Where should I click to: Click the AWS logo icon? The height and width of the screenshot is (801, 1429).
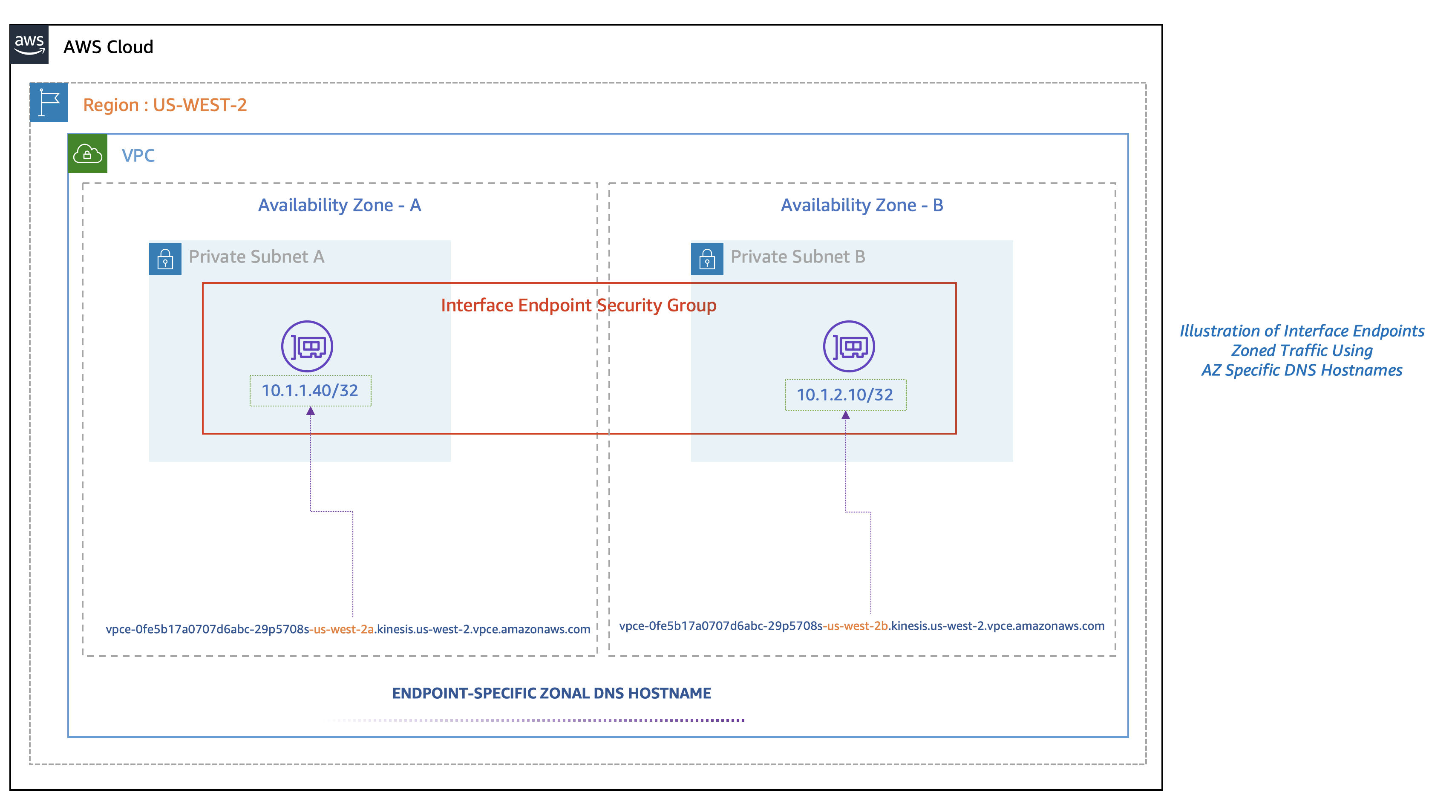click(x=29, y=44)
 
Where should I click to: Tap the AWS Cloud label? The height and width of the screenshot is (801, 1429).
click(x=108, y=47)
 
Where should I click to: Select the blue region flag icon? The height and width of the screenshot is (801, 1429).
click(x=49, y=103)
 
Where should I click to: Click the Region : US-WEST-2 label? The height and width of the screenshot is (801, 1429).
click(x=165, y=105)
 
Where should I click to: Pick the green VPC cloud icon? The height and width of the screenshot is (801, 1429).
click(x=88, y=154)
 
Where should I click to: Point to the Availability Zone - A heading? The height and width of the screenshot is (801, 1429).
click(x=340, y=205)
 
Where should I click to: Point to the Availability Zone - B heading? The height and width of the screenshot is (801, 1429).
click(x=861, y=205)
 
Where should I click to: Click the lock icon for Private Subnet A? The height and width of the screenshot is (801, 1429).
click(x=165, y=259)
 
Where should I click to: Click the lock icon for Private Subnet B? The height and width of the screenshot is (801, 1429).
click(x=707, y=259)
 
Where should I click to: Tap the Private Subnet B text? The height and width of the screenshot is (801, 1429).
click(x=797, y=257)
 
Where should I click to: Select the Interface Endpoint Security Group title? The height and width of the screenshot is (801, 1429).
click(x=579, y=305)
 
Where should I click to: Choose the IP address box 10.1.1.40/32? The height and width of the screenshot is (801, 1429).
click(x=310, y=391)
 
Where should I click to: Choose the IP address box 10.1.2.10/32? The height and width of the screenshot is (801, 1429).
click(x=845, y=395)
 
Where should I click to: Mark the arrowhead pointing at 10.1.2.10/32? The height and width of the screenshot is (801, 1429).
click(x=845, y=415)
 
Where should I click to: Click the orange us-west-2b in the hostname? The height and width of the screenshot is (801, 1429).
click(x=858, y=626)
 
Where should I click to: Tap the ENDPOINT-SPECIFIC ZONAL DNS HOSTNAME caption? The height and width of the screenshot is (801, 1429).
click(x=551, y=693)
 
